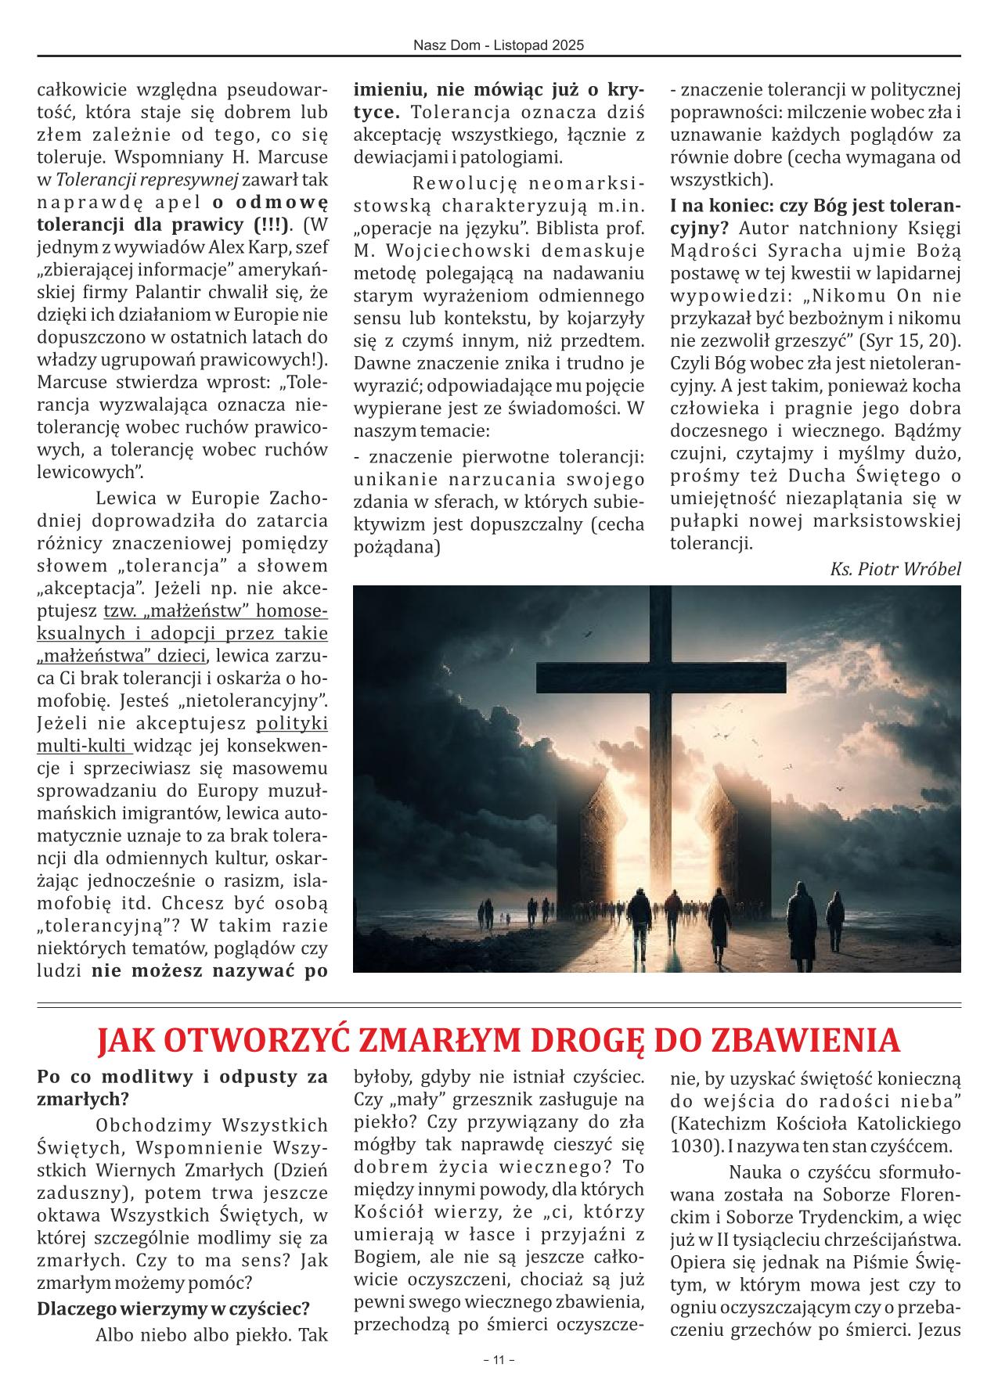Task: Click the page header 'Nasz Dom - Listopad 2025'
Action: point(499,46)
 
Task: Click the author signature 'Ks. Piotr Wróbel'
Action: point(895,568)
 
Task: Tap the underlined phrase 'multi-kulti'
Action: point(82,744)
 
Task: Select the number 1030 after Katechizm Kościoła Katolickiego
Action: point(690,1147)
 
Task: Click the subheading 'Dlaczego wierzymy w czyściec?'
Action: point(173,1308)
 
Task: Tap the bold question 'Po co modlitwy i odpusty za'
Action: point(182,1077)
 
